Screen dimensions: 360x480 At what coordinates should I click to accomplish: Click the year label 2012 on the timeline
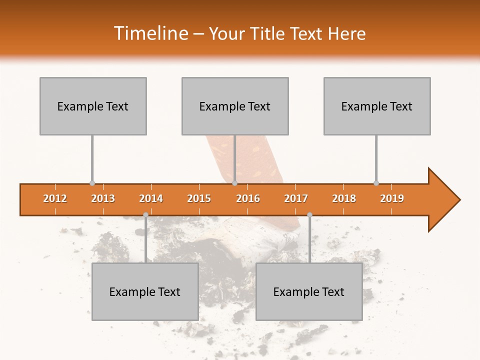pyautogui.click(x=55, y=198)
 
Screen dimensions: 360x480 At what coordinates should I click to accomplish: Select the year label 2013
pyautogui.click(x=103, y=198)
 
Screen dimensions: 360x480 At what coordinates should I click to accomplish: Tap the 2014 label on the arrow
pyautogui.click(x=151, y=198)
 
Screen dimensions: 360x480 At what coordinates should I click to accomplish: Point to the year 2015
pyautogui.click(x=199, y=198)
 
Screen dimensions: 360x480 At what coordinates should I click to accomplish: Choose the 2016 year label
pyautogui.click(x=248, y=198)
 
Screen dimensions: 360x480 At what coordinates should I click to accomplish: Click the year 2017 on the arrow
pyautogui.click(x=296, y=198)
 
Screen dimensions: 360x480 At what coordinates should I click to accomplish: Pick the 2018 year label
pyautogui.click(x=344, y=198)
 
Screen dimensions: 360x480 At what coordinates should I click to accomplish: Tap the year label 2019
pyautogui.click(x=392, y=198)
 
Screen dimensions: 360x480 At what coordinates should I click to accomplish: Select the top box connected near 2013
pyautogui.click(x=93, y=106)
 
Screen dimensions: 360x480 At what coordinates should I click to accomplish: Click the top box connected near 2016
pyautogui.click(x=235, y=106)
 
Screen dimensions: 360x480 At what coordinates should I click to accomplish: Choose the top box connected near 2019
pyautogui.click(x=377, y=106)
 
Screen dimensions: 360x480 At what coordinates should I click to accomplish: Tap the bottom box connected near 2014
pyautogui.click(x=145, y=291)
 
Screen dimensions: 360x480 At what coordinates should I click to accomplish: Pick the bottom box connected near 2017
pyautogui.click(x=309, y=291)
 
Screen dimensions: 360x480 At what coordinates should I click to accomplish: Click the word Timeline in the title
pyautogui.click(x=150, y=33)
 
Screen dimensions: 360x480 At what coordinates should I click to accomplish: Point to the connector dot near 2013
pyautogui.click(x=92, y=183)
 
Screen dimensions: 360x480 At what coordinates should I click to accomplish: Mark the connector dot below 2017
pyautogui.click(x=309, y=215)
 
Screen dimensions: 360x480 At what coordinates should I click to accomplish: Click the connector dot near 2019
pyautogui.click(x=376, y=183)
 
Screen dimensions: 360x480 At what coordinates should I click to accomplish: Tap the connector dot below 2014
pyautogui.click(x=145, y=215)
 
